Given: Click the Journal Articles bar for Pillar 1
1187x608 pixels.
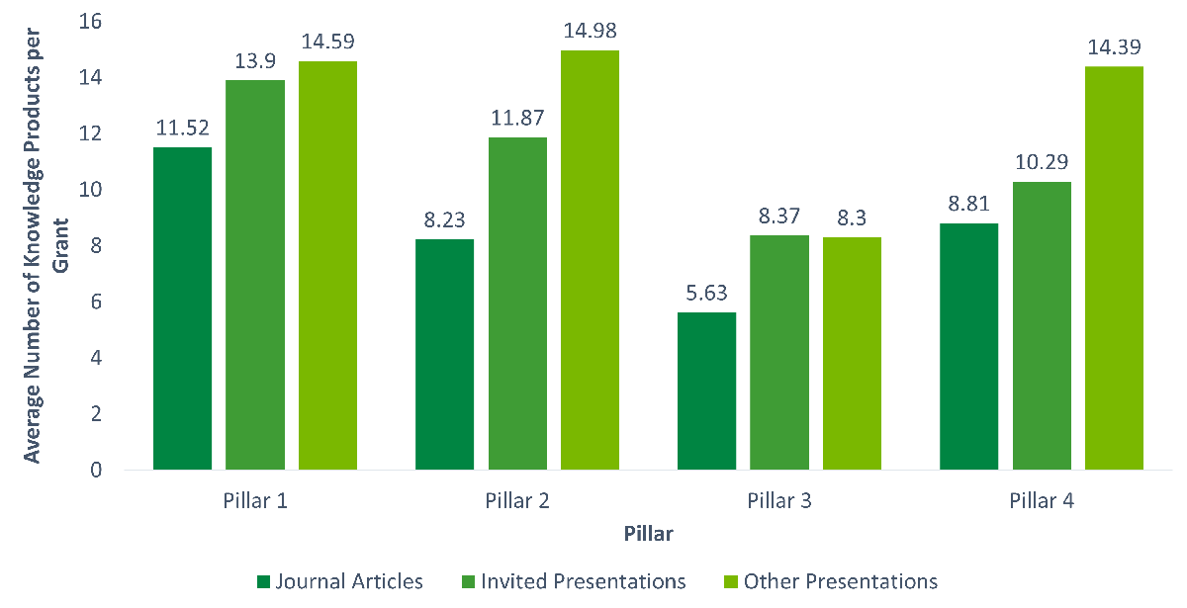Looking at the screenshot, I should pos(183,308).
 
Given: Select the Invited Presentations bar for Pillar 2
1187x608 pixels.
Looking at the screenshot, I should pos(517,304).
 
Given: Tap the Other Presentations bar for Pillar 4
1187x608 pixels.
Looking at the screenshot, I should pos(1115,268).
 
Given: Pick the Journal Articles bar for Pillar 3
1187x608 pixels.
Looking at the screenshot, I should pos(706,391).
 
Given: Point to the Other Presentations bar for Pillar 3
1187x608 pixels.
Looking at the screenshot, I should pos(852,353).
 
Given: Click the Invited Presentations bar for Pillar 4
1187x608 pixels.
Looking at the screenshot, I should pos(1042,325).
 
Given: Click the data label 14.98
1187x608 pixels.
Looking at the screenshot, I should pos(591,31).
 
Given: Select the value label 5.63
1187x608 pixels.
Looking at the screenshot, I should pos(706,294).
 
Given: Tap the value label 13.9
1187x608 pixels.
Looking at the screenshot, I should pos(255,61).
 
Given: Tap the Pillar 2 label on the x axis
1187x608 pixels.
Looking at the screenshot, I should pos(517,500).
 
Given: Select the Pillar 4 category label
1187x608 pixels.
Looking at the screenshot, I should pos(1042,500).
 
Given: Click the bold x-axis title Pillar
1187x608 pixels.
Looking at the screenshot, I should pos(649,534).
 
